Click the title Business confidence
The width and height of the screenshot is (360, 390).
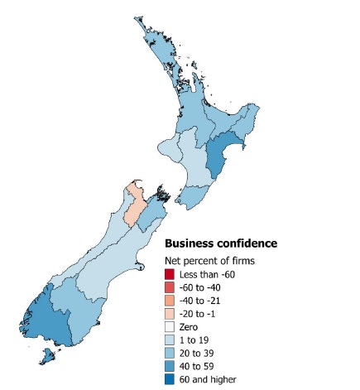(220, 243)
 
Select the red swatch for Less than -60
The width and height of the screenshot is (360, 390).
(170, 275)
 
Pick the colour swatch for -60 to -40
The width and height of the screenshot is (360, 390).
(170, 288)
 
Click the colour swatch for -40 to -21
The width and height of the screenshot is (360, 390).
(170, 301)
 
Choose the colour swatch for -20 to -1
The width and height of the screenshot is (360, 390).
(170, 315)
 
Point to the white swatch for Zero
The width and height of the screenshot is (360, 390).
(170, 327)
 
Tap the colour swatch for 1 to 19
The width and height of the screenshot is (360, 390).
(170, 340)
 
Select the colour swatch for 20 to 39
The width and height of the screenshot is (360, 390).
(170, 354)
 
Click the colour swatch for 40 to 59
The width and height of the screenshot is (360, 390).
(170, 367)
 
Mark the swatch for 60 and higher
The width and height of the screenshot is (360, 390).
(170, 379)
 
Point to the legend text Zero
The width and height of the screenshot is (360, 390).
(190, 327)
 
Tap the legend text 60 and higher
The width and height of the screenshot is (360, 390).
(209, 379)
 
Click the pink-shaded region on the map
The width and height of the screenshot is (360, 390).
(132, 207)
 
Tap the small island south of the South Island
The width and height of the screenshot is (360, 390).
(50, 357)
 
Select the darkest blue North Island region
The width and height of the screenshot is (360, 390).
(218, 157)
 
